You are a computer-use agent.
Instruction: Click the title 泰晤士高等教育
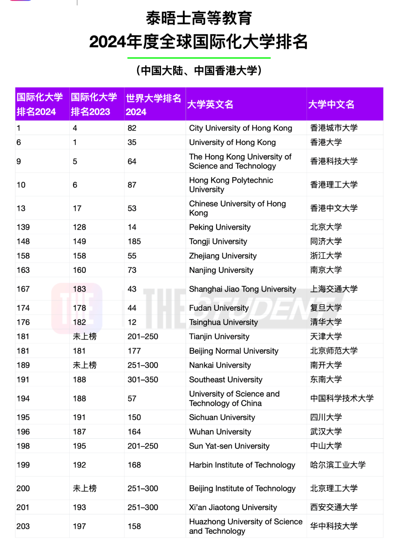pyautogui.click(x=199, y=18)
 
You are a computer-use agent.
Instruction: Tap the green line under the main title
pyautogui.click(x=199, y=58)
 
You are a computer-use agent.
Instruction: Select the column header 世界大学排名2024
pyautogui.click(x=154, y=105)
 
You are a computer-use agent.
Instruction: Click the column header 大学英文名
pyautogui.click(x=210, y=105)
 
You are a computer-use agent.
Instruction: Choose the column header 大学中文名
pyautogui.click(x=331, y=105)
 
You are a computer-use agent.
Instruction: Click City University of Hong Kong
pyautogui.click(x=240, y=128)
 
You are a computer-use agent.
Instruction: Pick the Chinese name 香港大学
pyautogui.click(x=326, y=142)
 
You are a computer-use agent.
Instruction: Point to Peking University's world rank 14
pyautogui.click(x=132, y=227)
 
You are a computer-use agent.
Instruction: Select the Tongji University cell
pyautogui.click(x=218, y=242)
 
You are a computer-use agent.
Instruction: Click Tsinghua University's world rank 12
pyautogui.click(x=132, y=322)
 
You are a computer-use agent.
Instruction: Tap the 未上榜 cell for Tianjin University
pyautogui.click(x=84, y=337)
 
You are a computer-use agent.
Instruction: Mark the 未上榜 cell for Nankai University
pyautogui.click(x=84, y=365)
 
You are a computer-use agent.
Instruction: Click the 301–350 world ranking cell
pyautogui.click(x=143, y=380)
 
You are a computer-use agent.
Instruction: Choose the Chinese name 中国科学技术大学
pyautogui.click(x=342, y=399)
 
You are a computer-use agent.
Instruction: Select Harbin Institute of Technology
pyautogui.click(x=242, y=465)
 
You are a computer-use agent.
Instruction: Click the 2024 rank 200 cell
pyautogui.click(x=23, y=489)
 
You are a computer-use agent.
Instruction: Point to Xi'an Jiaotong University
pyautogui.click(x=233, y=507)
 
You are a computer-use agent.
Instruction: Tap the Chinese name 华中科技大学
pyautogui.click(x=334, y=526)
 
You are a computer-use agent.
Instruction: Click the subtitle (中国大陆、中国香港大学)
pyautogui.click(x=199, y=70)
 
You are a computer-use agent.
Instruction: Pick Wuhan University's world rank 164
pyautogui.click(x=134, y=432)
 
